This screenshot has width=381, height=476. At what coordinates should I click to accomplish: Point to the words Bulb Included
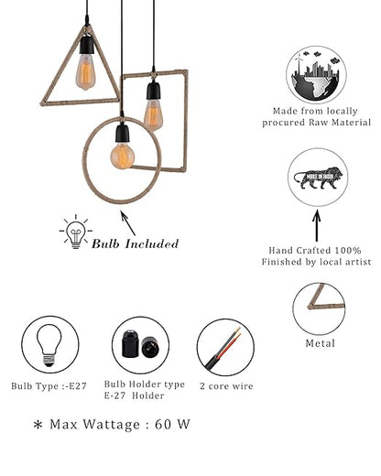click(135, 243)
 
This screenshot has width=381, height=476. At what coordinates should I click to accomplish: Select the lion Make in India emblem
click(318, 175)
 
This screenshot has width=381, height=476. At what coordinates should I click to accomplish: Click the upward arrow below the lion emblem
click(318, 225)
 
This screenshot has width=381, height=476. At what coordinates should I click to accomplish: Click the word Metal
click(318, 344)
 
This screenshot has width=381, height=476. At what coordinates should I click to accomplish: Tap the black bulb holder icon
click(140, 344)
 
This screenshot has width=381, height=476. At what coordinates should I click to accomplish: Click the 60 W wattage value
click(175, 425)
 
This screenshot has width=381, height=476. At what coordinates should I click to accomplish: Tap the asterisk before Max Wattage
click(38, 427)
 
